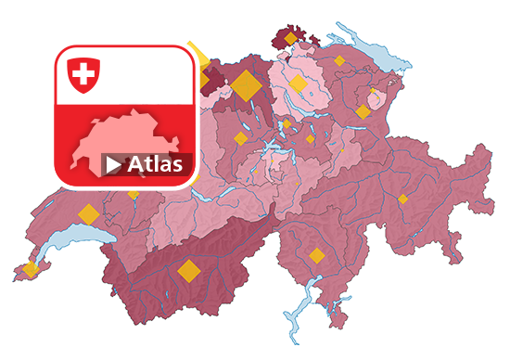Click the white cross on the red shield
coord(83,73)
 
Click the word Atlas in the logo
coord(158,165)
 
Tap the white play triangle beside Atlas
coord(113,165)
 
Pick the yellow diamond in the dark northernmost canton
coord(289,39)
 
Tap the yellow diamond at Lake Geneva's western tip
coord(31,269)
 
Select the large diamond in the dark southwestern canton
coord(189,270)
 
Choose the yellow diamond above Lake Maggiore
coord(316,256)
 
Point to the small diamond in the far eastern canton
coord(402,199)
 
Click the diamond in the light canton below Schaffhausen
coord(298,84)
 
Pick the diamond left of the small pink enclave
coord(362,110)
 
